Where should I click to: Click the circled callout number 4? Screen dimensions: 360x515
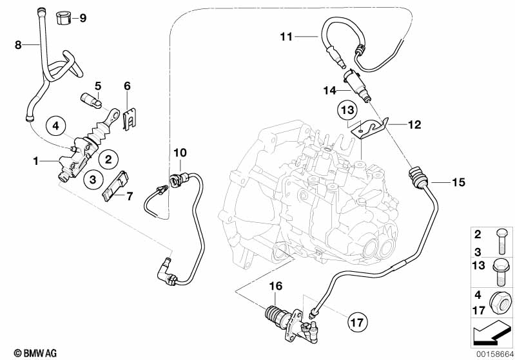click(x=56, y=126)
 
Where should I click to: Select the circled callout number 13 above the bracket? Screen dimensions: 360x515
click(x=347, y=111)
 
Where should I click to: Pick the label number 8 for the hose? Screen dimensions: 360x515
click(x=18, y=44)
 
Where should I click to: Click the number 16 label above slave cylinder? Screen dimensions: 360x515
click(x=275, y=285)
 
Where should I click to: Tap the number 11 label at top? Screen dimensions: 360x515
click(x=286, y=37)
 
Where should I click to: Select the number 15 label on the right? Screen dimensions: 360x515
click(x=458, y=182)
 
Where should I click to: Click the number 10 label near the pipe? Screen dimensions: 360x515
click(x=180, y=153)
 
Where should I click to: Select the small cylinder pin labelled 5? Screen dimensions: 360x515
click(x=91, y=102)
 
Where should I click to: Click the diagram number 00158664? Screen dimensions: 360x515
click(x=493, y=353)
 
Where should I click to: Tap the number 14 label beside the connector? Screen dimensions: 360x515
click(x=331, y=90)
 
